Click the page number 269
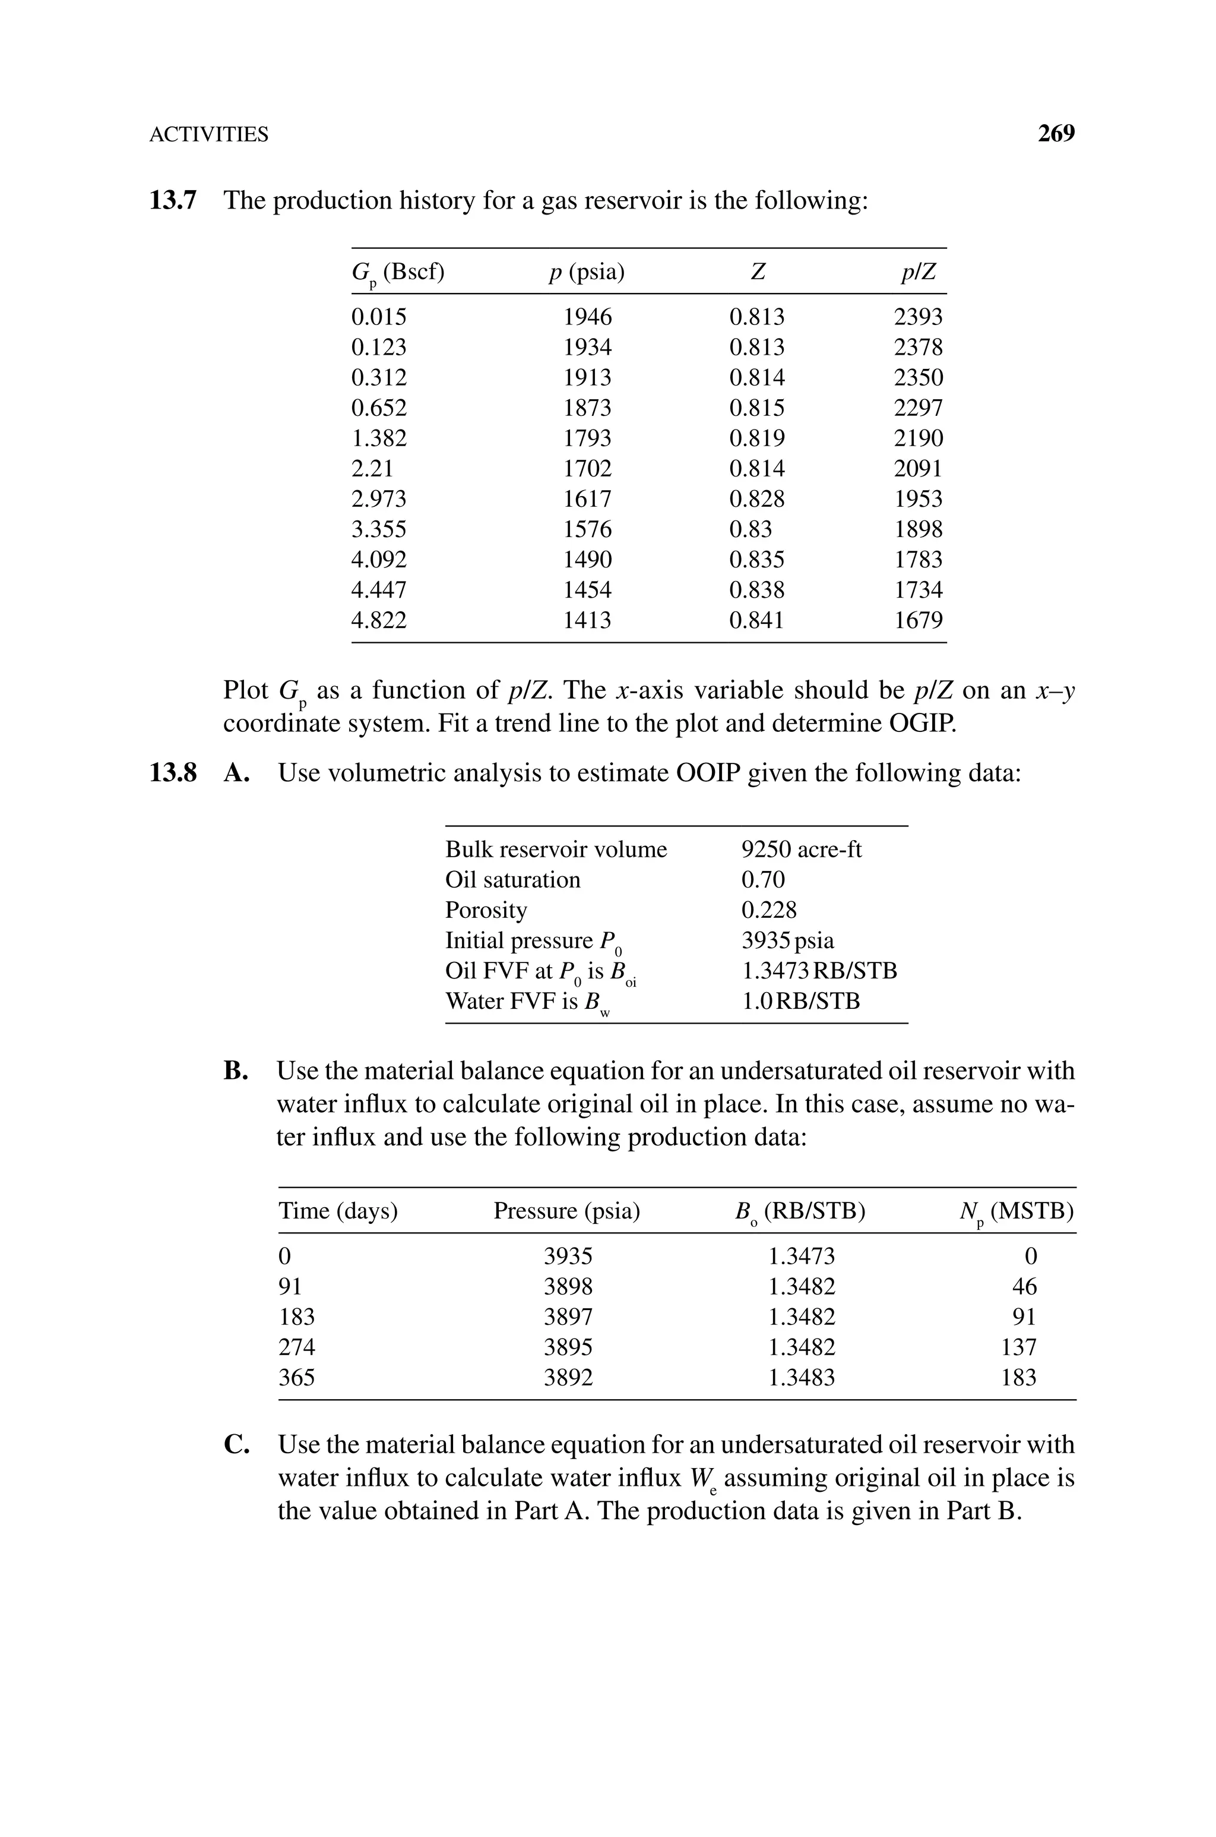click(1056, 134)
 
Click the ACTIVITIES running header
click(208, 135)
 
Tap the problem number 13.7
click(173, 201)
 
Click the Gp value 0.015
click(378, 317)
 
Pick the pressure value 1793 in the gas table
click(587, 438)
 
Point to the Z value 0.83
click(750, 529)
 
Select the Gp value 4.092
click(378, 559)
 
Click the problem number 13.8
click(173, 774)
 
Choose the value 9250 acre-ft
click(801, 850)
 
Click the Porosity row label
click(486, 910)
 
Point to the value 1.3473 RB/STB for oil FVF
click(819, 970)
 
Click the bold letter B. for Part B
click(236, 1071)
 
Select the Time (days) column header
click(338, 1211)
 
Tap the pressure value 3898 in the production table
click(568, 1287)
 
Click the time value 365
click(297, 1378)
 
